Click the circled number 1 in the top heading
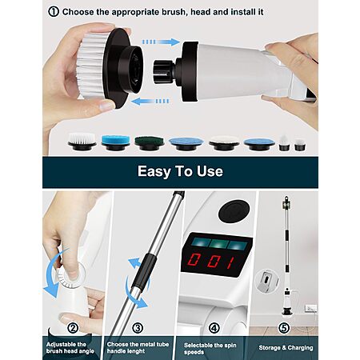click(x=54, y=12)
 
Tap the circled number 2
click(x=73, y=328)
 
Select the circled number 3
click(x=138, y=328)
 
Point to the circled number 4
click(x=214, y=328)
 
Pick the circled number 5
click(x=284, y=328)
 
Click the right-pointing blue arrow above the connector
click(x=161, y=42)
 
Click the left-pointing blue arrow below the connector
click(x=150, y=102)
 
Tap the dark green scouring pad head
click(x=149, y=143)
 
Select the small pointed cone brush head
click(x=283, y=143)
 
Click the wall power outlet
click(x=311, y=308)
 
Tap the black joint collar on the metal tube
click(x=145, y=272)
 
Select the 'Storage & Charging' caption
click(x=286, y=348)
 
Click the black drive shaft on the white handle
click(x=163, y=71)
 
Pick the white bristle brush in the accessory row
click(x=82, y=141)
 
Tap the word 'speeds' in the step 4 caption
click(x=194, y=352)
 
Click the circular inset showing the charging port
click(x=266, y=281)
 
